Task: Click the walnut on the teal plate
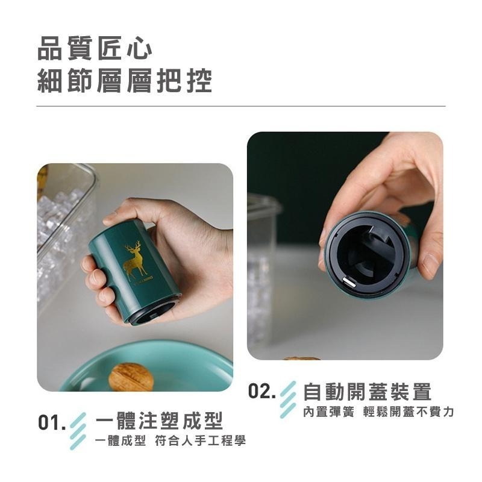point(131,377)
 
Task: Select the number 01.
point(51,422)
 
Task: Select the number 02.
point(262,392)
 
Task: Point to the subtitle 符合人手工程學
point(200,441)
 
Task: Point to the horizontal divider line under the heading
point(241,106)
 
